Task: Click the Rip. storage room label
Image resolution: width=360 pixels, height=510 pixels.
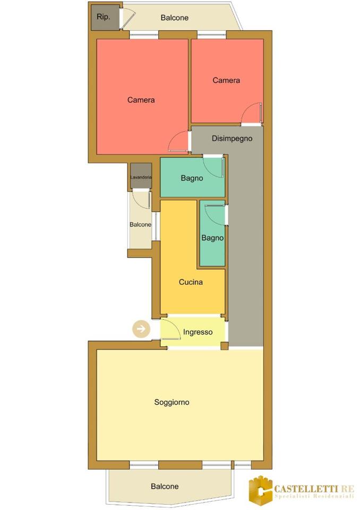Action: coord(104,17)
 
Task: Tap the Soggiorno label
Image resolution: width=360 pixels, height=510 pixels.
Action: coord(172,402)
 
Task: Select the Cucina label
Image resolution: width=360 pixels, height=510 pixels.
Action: coord(191,282)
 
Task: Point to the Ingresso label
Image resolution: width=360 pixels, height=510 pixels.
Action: coord(198,332)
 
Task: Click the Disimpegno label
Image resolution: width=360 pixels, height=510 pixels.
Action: coord(232,138)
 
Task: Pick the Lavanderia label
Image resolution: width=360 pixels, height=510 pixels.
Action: coord(141,177)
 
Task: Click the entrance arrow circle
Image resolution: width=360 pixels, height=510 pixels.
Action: coord(141,329)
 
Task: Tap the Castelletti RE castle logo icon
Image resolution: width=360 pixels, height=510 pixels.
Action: coord(261,488)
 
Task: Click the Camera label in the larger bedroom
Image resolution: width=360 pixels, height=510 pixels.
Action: coord(141,100)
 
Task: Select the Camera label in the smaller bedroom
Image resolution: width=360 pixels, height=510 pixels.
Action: coord(226,80)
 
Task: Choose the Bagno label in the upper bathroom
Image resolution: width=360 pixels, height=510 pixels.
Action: coord(192,178)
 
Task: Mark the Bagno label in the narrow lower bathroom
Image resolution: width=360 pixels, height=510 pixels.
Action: coord(212,238)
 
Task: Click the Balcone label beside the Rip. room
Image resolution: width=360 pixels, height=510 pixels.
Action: coord(175,18)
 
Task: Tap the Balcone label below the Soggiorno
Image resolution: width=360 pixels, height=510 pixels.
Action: coord(165,486)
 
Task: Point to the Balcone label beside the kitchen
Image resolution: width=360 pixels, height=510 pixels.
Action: coord(141,224)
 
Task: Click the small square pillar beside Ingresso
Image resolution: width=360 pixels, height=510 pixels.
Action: coord(225,346)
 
